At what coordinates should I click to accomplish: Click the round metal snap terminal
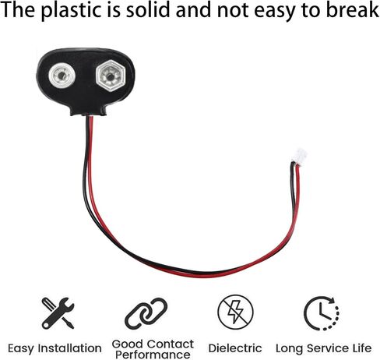62,76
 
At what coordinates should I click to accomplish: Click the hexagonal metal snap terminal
111,76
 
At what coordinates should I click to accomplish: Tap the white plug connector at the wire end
299,156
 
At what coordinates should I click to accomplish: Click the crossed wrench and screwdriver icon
58,313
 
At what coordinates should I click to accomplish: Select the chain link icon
146,313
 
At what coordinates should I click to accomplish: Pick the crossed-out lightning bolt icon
235,312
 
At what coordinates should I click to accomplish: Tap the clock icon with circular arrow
322,313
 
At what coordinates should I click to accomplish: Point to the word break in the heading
353,9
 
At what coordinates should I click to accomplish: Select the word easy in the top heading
274,12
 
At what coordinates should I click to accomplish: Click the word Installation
70,348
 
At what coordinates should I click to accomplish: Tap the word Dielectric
235,348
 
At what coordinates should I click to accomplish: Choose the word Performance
153,355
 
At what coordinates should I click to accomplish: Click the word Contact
171,344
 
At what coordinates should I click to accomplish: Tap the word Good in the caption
128,344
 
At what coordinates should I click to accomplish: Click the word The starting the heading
18,9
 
